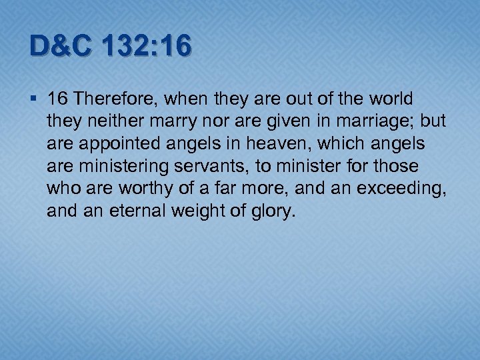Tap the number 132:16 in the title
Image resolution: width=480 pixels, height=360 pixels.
(147, 47)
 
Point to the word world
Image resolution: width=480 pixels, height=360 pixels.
(393, 99)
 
